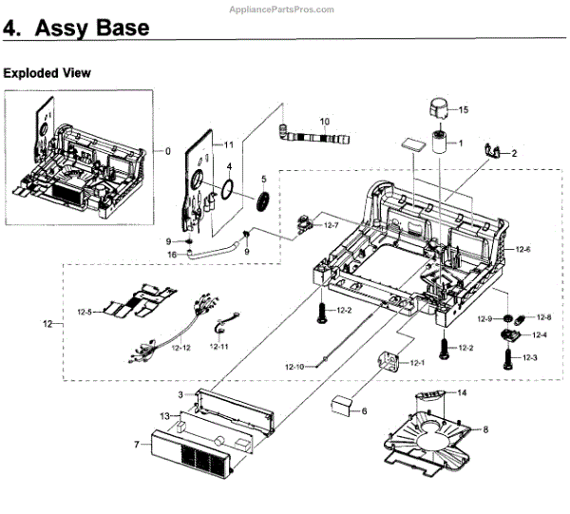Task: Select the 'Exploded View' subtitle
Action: coord(47,72)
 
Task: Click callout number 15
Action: coord(465,111)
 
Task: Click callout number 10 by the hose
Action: coord(324,122)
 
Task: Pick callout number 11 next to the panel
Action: coord(228,143)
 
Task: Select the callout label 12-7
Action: coord(331,225)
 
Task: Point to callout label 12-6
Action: coord(522,249)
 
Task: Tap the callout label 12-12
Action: coord(180,348)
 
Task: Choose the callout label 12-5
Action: coord(85,312)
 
